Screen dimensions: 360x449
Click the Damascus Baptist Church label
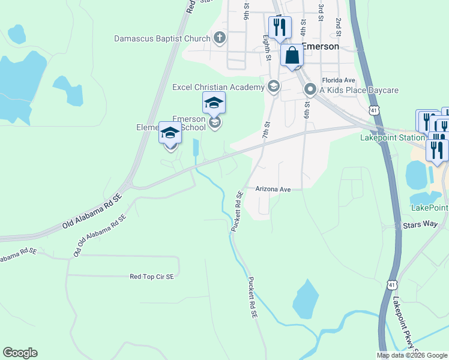click(x=163, y=39)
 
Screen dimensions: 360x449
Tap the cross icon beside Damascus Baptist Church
click(x=220, y=39)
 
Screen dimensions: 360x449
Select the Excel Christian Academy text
click(x=218, y=88)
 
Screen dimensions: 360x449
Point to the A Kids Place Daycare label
click(x=358, y=90)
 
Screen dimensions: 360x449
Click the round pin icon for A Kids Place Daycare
click(x=310, y=90)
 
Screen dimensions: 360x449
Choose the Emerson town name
click(x=320, y=46)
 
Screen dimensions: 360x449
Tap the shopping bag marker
click(x=292, y=55)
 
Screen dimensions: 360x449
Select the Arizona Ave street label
click(x=273, y=189)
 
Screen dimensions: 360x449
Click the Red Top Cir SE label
click(x=152, y=277)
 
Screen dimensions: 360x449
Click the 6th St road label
click(x=306, y=110)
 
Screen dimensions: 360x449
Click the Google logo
click(x=20, y=353)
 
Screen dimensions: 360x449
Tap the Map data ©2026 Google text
click(x=412, y=355)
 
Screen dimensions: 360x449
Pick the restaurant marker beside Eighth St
click(x=280, y=27)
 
